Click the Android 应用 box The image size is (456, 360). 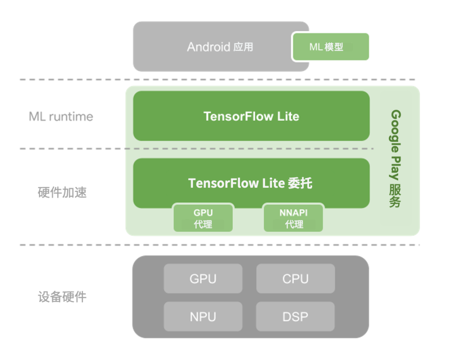(x=221, y=46)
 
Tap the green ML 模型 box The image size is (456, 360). (x=331, y=46)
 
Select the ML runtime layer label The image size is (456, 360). (x=61, y=116)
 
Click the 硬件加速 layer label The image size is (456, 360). (x=62, y=192)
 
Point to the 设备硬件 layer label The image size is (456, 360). (x=62, y=297)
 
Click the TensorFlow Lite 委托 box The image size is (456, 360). (x=251, y=183)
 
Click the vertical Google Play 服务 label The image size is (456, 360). (x=395, y=159)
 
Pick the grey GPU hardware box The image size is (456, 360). (x=203, y=279)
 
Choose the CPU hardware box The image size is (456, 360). (x=296, y=279)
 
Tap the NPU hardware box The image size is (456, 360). (x=203, y=317)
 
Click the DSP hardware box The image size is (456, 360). (x=295, y=317)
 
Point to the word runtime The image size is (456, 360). (x=71, y=116)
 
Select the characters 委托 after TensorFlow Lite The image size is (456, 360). (x=300, y=183)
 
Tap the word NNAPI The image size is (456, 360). (x=293, y=213)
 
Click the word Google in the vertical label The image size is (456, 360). (x=395, y=131)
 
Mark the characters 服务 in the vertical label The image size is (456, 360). (x=395, y=196)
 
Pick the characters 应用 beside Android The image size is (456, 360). (x=243, y=47)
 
